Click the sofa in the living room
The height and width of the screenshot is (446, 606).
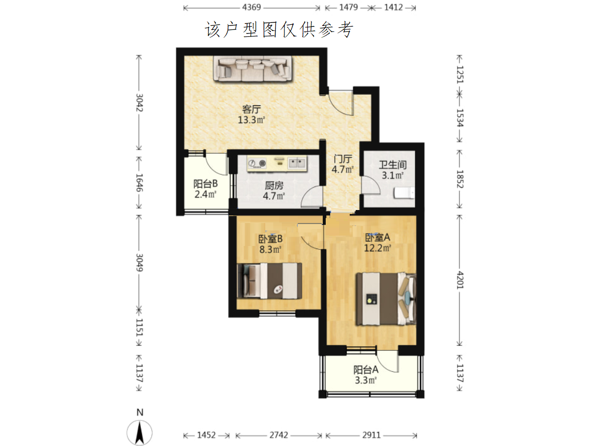pyautogui.click(x=252, y=69)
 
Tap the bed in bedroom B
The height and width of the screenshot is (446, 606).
pyautogui.click(x=269, y=281)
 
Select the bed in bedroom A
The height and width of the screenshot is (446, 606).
pyautogui.click(x=386, y=299)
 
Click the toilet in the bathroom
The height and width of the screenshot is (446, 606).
pyautogui.click(x=404, y=193)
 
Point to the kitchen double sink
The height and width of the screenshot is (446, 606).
pyautogui.click(x=297, y=163)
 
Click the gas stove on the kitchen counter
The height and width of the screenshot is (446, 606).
pyautogui.click(x=257, y=163)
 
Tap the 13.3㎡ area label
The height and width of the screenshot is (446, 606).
pyautogui.click(x=251, y=120)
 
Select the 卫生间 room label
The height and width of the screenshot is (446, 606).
pyautogui.click(x=393, y=165)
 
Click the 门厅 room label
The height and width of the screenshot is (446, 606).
pyautogui.click(x=343, y=159)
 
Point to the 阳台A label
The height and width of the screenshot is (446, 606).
pyautogui.click(x=366, y=370)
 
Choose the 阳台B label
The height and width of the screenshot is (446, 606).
pyautogui.click(x=205, y=184)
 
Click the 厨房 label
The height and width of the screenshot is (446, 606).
pyautogui.click(x=274, y=186)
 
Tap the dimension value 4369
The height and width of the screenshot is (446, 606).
pyautogui.click(x=251, y=7)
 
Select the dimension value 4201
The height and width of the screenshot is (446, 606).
pyautogui.click(x=460, y=280)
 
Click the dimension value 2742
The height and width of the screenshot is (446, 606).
pyautogui.click(x=279, y=435)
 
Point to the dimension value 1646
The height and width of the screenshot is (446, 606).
pyautogui.click(x=139, y=183)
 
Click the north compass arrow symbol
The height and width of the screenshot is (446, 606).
pyautogui.click(x=139, y=433)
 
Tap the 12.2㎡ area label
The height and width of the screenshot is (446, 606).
pyautogui.click(x=377, y=248)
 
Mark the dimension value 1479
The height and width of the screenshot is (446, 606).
pyautogui.click(x=348, y=7)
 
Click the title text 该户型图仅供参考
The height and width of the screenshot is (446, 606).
pyautogui.click(x=279, y=29)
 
